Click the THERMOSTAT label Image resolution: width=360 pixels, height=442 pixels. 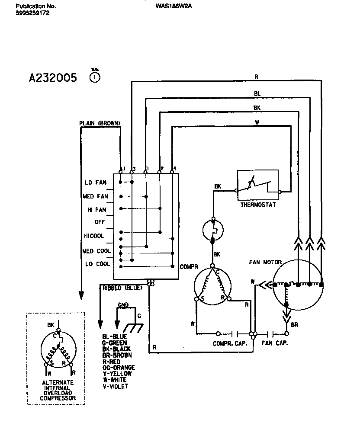point(258,205)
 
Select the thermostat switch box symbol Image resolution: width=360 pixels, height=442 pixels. point(258,185)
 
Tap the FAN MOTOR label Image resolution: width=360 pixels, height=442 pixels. point(265,262)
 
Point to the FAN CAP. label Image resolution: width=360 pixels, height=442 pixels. point(275,343)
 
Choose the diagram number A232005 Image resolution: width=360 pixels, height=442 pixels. point(53,78)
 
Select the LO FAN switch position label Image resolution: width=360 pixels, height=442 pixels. point(96,183)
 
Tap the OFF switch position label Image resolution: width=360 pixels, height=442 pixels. point(100,222)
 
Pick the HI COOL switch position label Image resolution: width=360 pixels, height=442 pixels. point(94,236)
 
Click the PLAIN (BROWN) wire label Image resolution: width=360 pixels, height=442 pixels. point(100,123)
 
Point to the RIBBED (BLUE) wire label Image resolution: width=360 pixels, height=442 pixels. point(122,288)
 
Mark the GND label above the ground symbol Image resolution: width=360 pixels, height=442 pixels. point(123,305)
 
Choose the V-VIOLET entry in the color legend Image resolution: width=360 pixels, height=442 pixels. point(115,386)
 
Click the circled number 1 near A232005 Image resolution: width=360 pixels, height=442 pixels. point(95,77)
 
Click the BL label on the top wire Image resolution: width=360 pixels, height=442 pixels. point(257,93)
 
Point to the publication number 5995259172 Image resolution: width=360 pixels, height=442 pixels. point(32,13)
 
